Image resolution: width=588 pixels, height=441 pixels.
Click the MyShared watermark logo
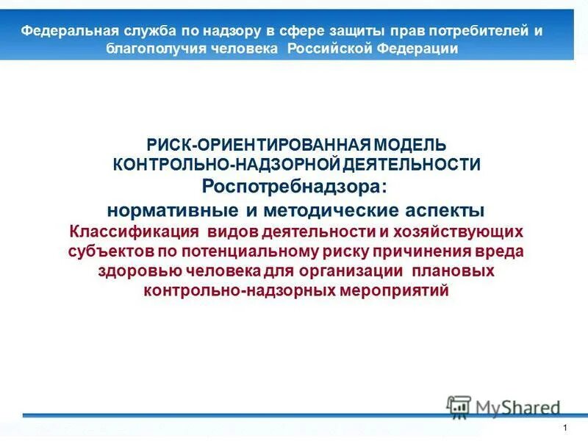[503, 406]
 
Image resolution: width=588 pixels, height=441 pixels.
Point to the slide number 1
[564, 429]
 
